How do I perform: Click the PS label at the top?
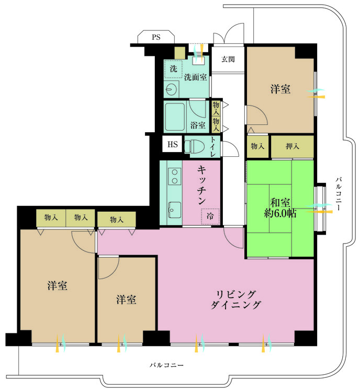click(156, 37)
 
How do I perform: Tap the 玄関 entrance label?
click(228, 59)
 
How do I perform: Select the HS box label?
click(173, 144)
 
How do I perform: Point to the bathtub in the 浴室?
click(175, 117)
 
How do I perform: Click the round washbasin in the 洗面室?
click(172, 89)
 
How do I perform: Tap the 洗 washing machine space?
click(173, 69)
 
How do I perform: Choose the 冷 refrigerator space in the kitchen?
click(210, 216)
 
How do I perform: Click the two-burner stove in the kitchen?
click(175, 176)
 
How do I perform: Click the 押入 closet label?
click(292, 146)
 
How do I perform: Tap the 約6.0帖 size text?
click(280, 213)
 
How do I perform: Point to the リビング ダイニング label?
click(236, 300)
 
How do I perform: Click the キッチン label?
click(202, 185)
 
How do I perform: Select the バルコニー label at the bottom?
click(166, 365)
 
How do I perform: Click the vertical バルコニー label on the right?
click(339, 194)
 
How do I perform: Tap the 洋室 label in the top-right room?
click(280, 89)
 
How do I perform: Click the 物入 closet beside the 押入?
click(257, 146)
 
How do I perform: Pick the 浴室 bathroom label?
click(198, 125)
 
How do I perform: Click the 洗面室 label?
click(196, 77)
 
